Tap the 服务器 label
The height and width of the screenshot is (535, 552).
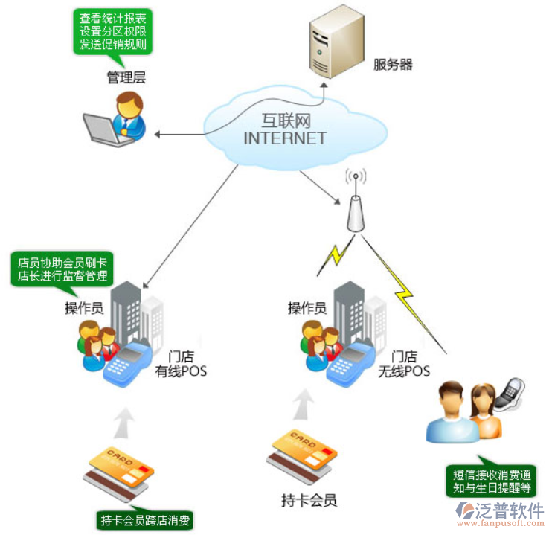[x=392, y=65]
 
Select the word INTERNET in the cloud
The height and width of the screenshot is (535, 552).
[x=284, y=138]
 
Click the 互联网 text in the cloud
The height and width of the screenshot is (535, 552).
[x=285, y=121]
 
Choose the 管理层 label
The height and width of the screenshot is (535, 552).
[x=123, y=77]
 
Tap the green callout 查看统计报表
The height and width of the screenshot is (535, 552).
[x=113, y=31]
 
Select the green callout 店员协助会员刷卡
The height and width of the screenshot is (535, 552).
[x=63, y=269]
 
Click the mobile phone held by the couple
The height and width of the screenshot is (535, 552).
[x=512, y=391]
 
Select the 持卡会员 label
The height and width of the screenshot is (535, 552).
[x=302, y=498]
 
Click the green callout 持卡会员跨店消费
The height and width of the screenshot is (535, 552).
[x=144, y=519]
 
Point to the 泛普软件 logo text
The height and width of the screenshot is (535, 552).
[x=513, y=511]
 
